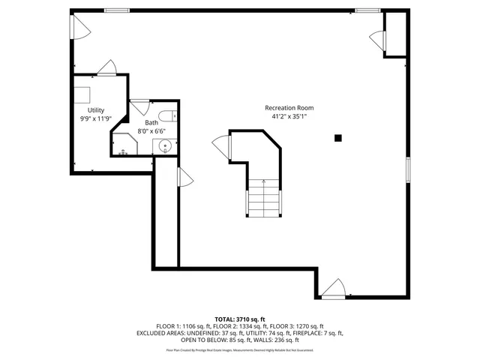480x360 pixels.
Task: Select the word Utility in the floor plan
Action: pos(96,110)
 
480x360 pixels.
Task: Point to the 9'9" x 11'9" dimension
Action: pos(96,118)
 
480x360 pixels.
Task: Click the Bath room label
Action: pos(151,122)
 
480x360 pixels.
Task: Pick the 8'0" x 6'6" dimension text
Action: pos(151,131)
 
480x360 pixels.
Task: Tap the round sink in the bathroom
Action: pos(166,145)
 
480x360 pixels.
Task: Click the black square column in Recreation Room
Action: pos(338,137)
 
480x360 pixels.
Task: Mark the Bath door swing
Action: pos(140,106)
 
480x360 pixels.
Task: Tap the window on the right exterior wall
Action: pos(408,169)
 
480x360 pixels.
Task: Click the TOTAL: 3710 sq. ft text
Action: pos(239,319)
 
